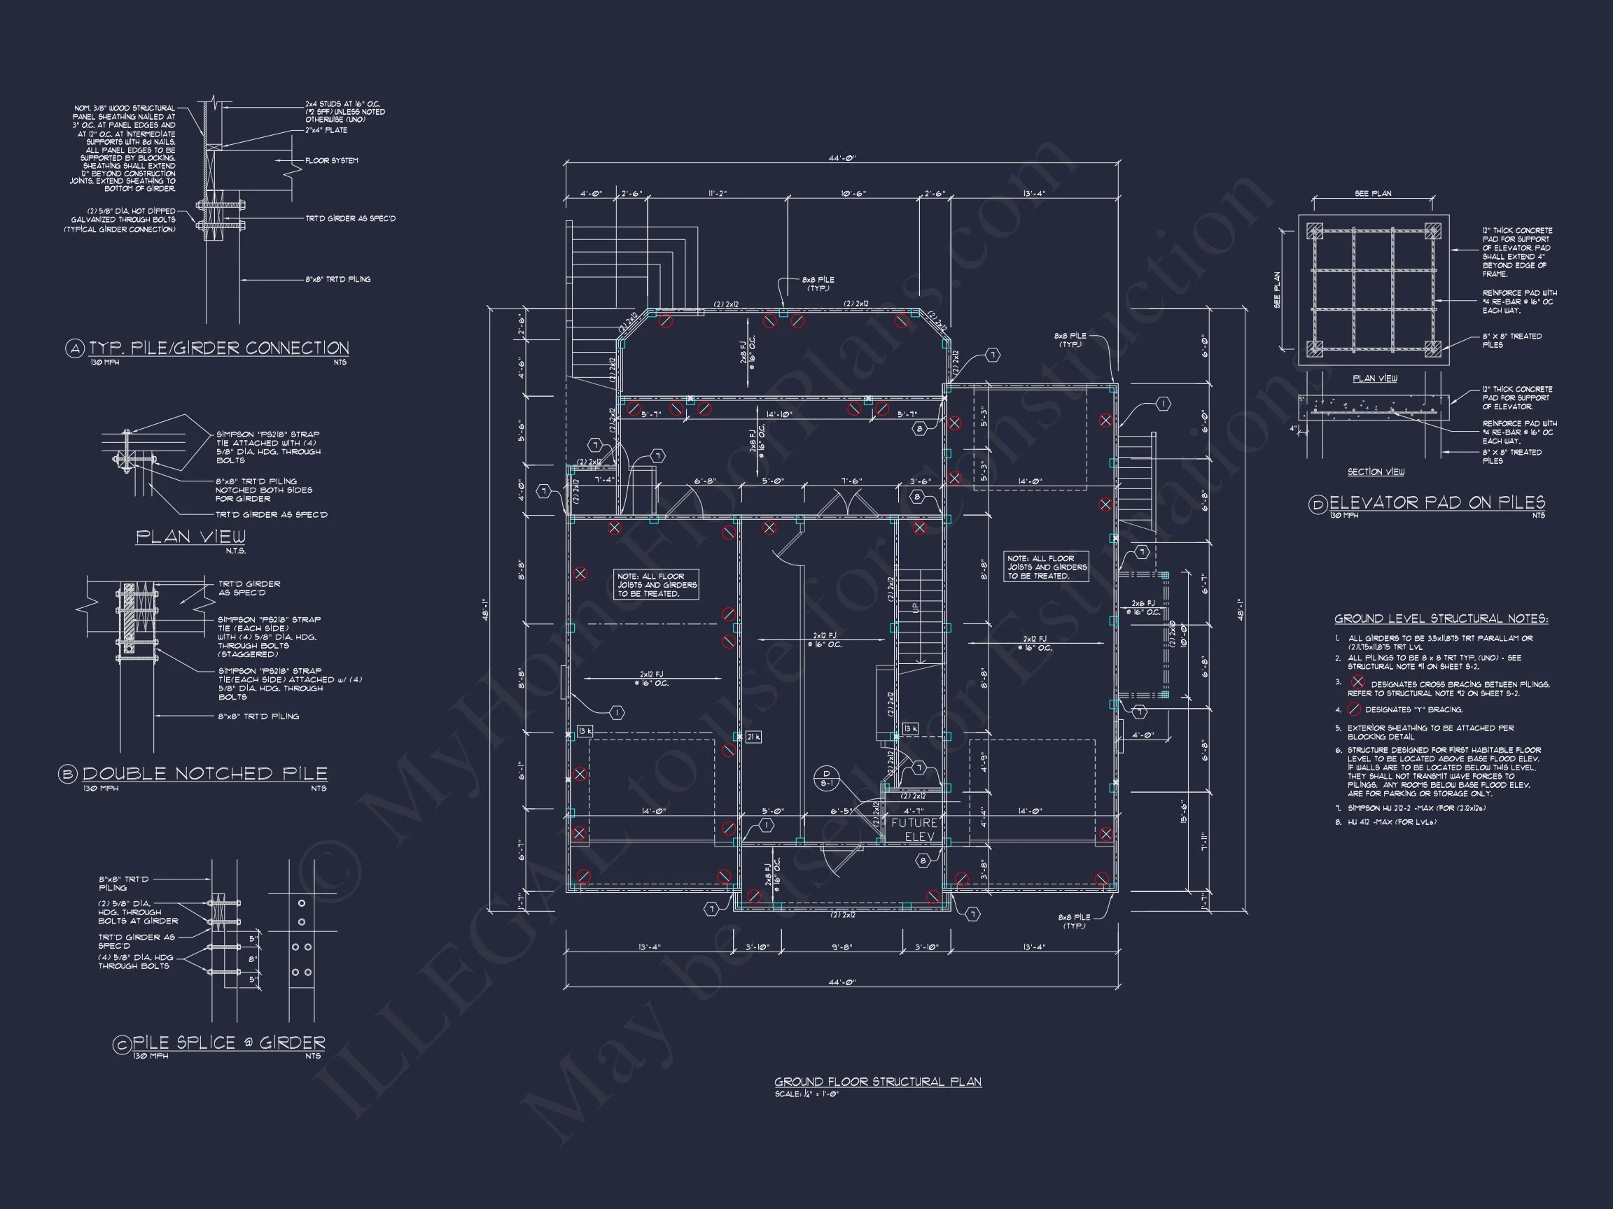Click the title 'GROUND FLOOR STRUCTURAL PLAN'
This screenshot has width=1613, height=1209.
(877, 1082)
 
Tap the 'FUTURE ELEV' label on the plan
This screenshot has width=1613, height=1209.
(914, 829)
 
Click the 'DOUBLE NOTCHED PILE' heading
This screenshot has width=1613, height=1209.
(204, 773)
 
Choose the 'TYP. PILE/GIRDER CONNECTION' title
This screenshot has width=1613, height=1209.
(218, 348)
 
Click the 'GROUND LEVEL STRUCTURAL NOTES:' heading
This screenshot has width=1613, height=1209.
(1441, 618)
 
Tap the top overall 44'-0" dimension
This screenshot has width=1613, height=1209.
(842, 157)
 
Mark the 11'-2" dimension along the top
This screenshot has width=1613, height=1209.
(717, 194)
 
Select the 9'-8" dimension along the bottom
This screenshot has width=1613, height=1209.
(842, 947)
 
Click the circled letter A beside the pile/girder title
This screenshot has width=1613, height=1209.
(75, 349)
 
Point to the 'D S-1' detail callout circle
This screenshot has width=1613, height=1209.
(826, 778)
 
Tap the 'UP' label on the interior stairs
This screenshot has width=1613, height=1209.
(916, 607)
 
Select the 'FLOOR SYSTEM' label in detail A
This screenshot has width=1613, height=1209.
(331, 160)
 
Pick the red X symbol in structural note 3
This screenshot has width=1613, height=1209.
(1357, 682)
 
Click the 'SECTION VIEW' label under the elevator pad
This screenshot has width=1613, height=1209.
(1375, 472)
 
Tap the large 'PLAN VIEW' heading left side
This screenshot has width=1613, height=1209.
(191, 537)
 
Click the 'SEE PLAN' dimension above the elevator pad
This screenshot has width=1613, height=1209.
(1372, 194)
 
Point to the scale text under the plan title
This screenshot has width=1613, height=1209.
(806, 1094)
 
